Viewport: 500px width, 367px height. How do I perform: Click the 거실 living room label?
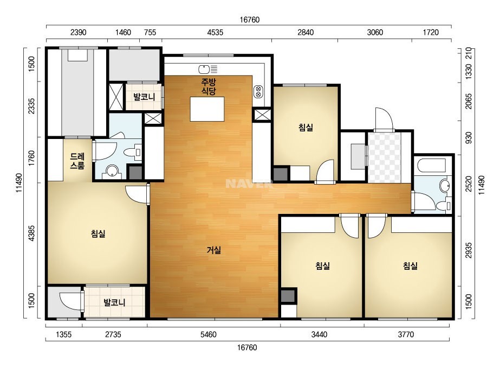pyautogui.click(x=213, y=250)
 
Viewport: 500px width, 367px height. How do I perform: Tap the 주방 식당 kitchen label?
pyautogui.click(x=208, y=86)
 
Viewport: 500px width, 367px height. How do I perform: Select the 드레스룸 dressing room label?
pyautogui.click(x=77, y=161)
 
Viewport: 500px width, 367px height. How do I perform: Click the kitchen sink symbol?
pyautogui.click(x=208, y=69)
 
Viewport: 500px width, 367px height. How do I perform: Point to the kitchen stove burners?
pyautogui.click(x=258, y=92)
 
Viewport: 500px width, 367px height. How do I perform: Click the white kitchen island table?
pyautogui.click(x=207, y=109)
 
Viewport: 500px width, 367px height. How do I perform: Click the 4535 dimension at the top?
pyautogui.click(x=215, y=32)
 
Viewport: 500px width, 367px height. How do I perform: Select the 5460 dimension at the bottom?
pyautogui.click(x=208, y=334)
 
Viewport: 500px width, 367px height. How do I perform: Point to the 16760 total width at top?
pyautogui.click(x=250, y=20)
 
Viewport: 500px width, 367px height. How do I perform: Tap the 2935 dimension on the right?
pyautogui.click(x=468, y=250)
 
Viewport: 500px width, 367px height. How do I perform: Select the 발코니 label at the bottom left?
pyautogui.click(x=114, y=302)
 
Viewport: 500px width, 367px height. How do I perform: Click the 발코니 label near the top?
pyautogui.click(x=144, y=97)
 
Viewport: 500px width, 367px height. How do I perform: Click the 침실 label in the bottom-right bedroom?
pyautogui.click(x=410, y=265)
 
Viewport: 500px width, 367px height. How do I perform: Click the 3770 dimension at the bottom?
pyautogui.click(x=406, y=334)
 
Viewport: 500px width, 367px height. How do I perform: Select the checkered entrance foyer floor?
pyautogui.click(x=384, y=157)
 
